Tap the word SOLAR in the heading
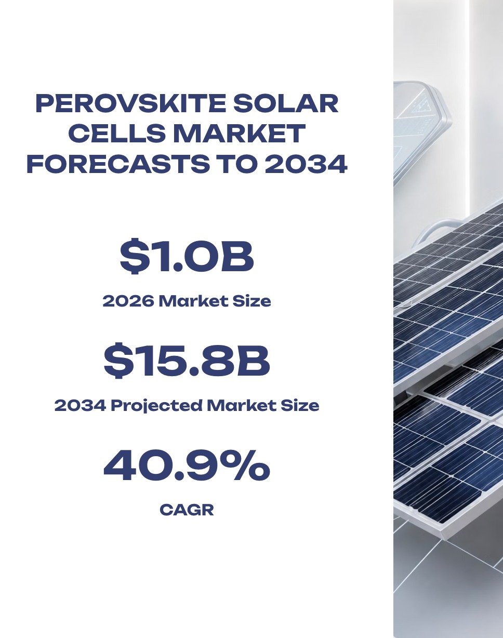(x=285, y=103)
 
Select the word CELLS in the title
(x=117, y=133)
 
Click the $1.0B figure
(x=187, y=256)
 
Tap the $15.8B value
(x=187, y=361)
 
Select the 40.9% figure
(x=187, y=466)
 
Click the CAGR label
(x=187, y=510)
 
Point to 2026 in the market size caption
(x=128, y=301)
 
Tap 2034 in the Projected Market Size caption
(x=80, y=406)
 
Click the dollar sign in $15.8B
(x=118, y=361)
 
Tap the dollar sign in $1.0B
(x=135, y=256)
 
